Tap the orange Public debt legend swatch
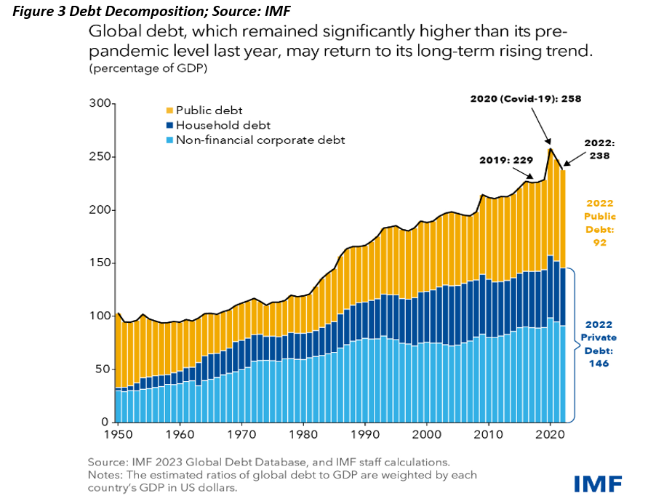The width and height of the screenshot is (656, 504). [170, 111]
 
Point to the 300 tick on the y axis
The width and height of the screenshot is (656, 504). [98, 104]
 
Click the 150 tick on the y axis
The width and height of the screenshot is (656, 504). [98, 263]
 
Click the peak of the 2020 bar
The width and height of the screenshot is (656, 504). [551, 149]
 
